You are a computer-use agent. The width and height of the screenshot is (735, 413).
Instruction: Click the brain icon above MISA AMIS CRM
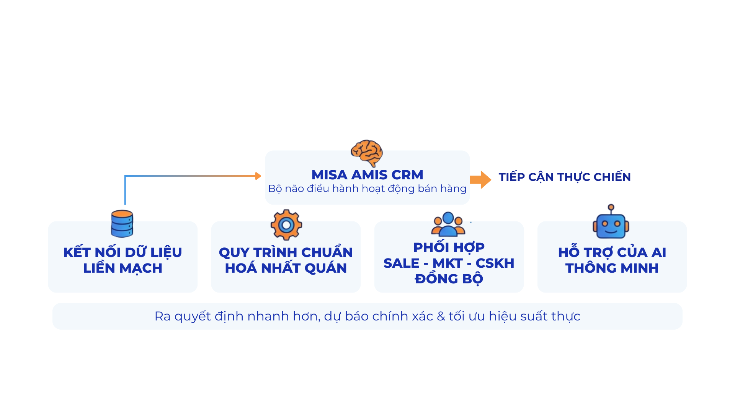367,153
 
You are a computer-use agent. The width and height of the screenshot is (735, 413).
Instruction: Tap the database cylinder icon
122,224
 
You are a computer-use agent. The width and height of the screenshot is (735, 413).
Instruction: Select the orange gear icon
286,224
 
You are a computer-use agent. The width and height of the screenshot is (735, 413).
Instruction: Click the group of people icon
448,224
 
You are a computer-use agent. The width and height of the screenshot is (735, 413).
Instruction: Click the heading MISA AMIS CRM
367,175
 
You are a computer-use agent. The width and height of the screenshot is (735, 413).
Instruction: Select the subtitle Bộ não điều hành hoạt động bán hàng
367,189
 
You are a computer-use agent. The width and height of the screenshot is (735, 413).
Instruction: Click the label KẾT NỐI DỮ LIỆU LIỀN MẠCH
122,260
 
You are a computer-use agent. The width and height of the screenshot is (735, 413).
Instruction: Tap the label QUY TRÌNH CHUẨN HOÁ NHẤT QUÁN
286,260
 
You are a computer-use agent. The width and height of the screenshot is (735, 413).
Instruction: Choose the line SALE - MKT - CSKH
449,263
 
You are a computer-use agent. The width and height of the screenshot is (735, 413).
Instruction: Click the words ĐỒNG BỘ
449,279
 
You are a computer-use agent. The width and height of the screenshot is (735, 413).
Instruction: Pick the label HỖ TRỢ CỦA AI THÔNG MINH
612,260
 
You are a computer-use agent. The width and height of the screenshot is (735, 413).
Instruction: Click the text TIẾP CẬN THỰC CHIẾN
565,177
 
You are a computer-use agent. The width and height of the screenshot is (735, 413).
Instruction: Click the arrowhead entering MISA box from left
260,177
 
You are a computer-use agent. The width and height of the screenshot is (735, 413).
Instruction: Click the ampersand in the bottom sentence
441,316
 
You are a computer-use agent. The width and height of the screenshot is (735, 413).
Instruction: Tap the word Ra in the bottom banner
162,316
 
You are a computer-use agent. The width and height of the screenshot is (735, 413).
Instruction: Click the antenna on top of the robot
611,208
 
